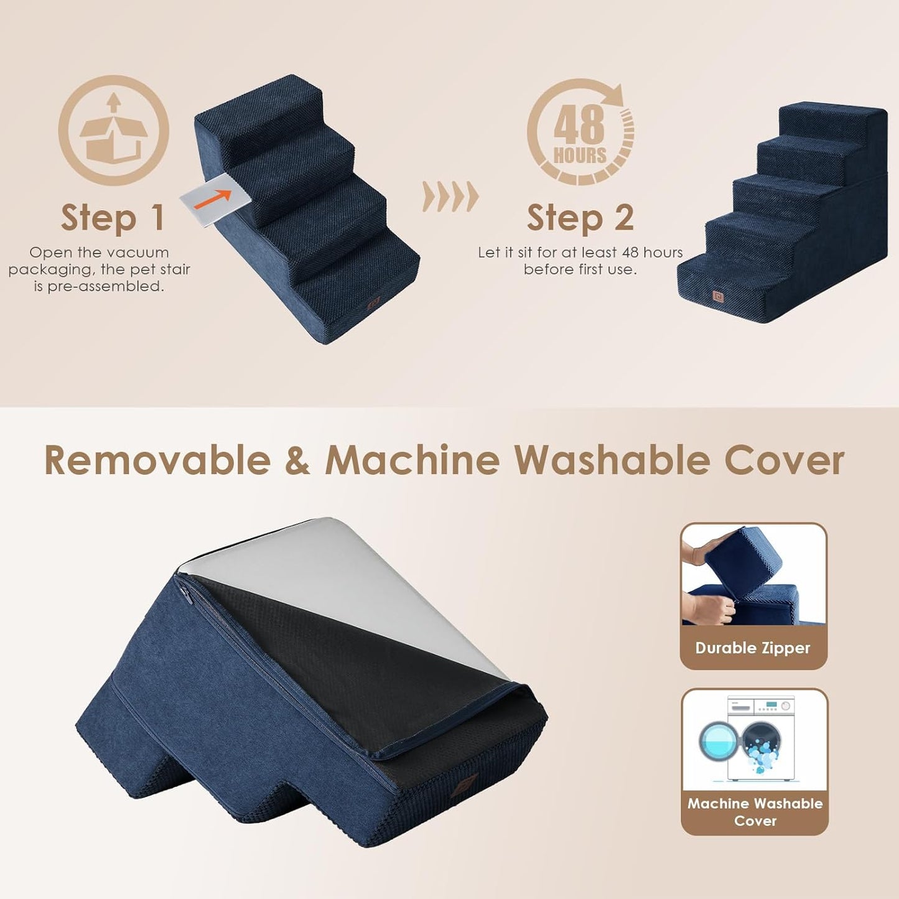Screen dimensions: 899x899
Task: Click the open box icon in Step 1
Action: [113, 131]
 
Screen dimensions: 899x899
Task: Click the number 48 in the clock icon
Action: [579, 124]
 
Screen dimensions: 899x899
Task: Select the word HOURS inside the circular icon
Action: [580, 155]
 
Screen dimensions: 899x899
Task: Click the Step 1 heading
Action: [113, 218]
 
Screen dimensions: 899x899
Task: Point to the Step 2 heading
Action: [580, 218]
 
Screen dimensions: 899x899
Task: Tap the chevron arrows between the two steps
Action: [450, 197]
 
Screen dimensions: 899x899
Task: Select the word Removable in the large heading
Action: [157, 461]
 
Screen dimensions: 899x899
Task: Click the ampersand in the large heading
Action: [297, 461]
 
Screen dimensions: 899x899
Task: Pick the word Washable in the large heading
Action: [612, 461]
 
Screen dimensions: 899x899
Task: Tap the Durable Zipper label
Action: [753, 648]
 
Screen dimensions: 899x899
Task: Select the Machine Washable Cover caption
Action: [755, 812]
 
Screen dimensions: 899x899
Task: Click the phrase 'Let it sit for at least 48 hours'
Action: [580, 253]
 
